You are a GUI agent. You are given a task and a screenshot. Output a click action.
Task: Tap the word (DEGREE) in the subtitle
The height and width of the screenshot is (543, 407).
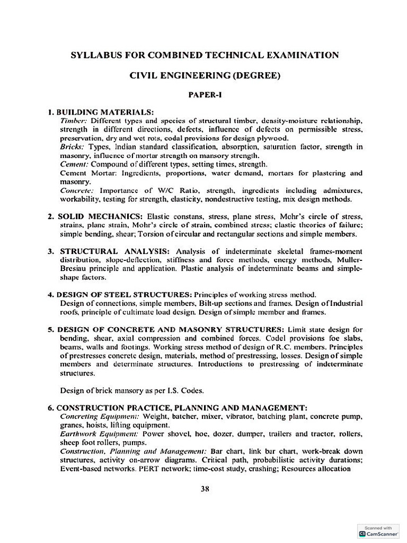[x=255, y=75]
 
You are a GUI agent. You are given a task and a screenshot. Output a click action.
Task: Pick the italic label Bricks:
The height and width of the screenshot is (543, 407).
[x=72, y=147]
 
